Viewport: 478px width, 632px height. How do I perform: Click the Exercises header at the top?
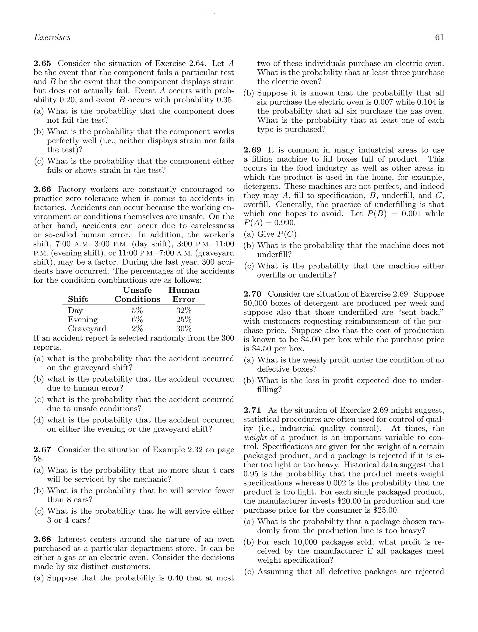[x=52, y=37]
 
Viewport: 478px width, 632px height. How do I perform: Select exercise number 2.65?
[x=42, y=64]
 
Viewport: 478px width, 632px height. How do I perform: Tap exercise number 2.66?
[x=42, y=189]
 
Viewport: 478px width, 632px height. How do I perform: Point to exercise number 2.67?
[x=42, y=450]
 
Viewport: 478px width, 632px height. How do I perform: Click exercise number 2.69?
[x=253, y=150]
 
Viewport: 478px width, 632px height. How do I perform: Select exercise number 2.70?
[x=253, y=294]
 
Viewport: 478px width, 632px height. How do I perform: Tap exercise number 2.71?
[x=253, y=410]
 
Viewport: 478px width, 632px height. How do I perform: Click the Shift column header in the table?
[x=78, y=299]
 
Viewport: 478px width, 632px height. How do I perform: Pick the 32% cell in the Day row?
[x=184, y=310]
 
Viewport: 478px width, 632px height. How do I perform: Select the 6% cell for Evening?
[x=137, y=320]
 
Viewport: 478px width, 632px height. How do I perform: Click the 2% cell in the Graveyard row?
[x=137, y=329]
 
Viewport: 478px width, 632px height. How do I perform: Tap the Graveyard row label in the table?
[x=87, y=329]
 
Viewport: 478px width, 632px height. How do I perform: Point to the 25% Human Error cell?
[x=184, y=320]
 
